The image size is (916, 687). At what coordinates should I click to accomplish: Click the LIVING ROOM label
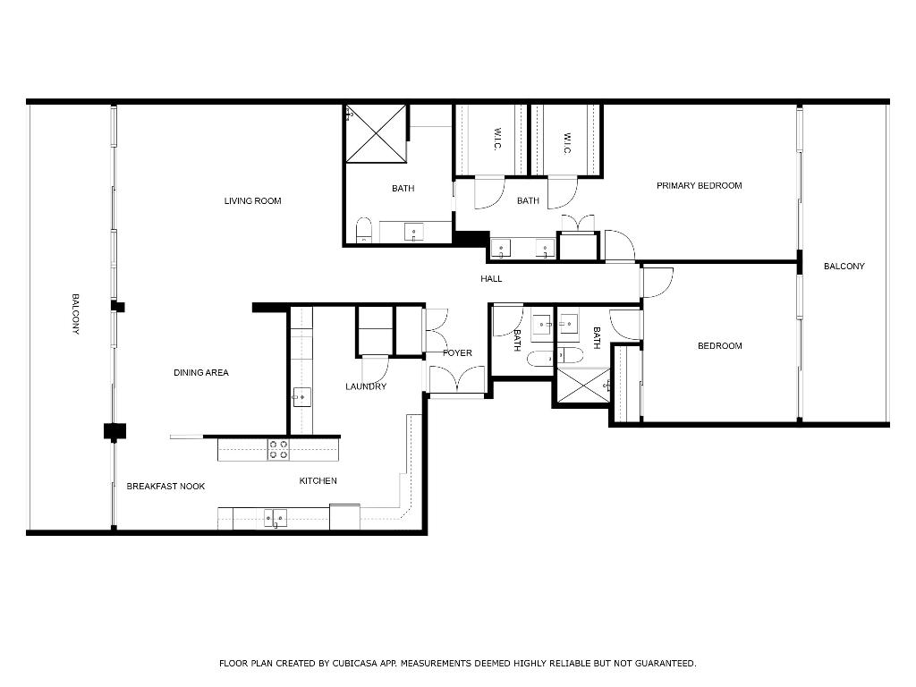[252, 201]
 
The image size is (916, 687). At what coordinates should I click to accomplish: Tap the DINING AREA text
[200, 373]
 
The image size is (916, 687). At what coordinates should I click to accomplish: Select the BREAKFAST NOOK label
[165, 487]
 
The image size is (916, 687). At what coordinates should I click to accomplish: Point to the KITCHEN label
[318, 481]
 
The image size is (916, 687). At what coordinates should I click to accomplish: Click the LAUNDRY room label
[366, 387]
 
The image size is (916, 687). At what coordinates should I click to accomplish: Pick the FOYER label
[457, 353]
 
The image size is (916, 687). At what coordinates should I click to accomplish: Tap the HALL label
[491, 279]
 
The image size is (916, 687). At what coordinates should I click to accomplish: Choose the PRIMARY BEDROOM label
[699, 186]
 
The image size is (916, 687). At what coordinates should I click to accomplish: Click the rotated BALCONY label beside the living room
[76, 314]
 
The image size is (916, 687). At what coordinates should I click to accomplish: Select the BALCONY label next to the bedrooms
[844, 267]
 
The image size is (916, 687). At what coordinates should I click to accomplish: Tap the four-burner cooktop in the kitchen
[278, 449]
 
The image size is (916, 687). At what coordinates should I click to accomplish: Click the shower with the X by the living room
[376, 134]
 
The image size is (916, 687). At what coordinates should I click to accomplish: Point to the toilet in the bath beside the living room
[363, 232]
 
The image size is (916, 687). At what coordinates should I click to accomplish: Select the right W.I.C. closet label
[566, 143]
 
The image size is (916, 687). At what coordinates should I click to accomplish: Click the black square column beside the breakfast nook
[114, 431]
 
